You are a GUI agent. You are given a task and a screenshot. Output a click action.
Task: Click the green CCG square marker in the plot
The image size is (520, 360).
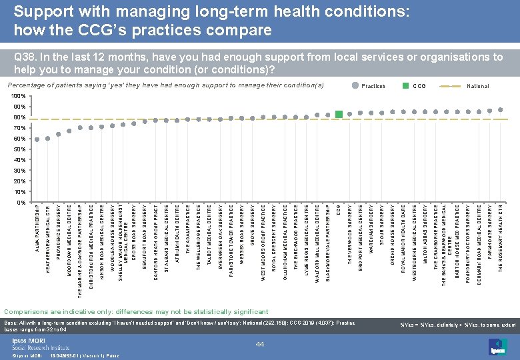point(339,115)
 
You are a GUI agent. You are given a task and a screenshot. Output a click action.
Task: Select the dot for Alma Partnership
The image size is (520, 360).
point(37,139)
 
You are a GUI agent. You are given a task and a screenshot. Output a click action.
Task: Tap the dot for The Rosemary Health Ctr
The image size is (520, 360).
point(501,109)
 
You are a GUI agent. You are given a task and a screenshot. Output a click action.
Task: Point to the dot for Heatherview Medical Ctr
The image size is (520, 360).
point(48,139)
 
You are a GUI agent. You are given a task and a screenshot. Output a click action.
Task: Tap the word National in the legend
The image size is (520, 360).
point(478,86)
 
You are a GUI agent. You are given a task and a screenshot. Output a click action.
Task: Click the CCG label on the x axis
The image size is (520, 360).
point(339,211)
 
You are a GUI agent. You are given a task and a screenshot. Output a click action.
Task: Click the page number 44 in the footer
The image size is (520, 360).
point(260,343)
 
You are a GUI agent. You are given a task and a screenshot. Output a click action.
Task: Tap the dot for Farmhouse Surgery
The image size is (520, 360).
point(490,111)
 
